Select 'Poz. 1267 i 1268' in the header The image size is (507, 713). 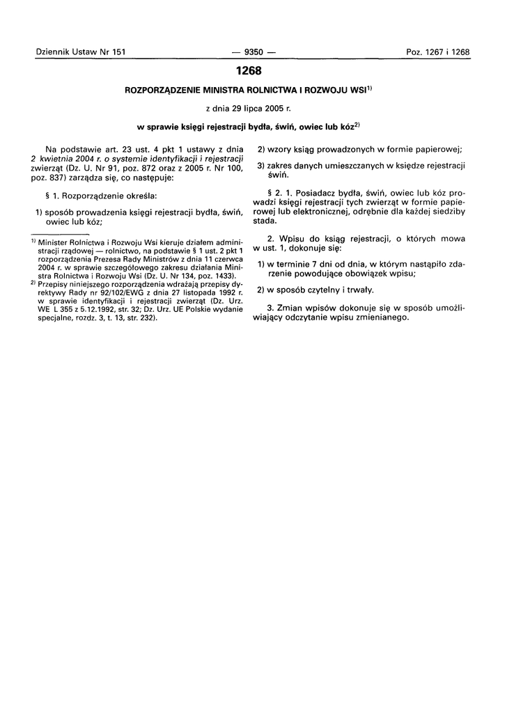(x=437, y=52)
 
